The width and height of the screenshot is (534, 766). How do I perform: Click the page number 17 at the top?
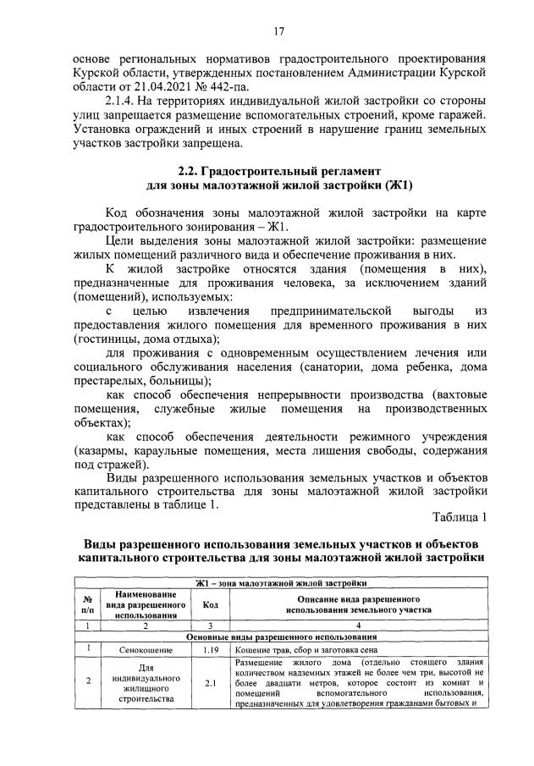click(x=278, y=31)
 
